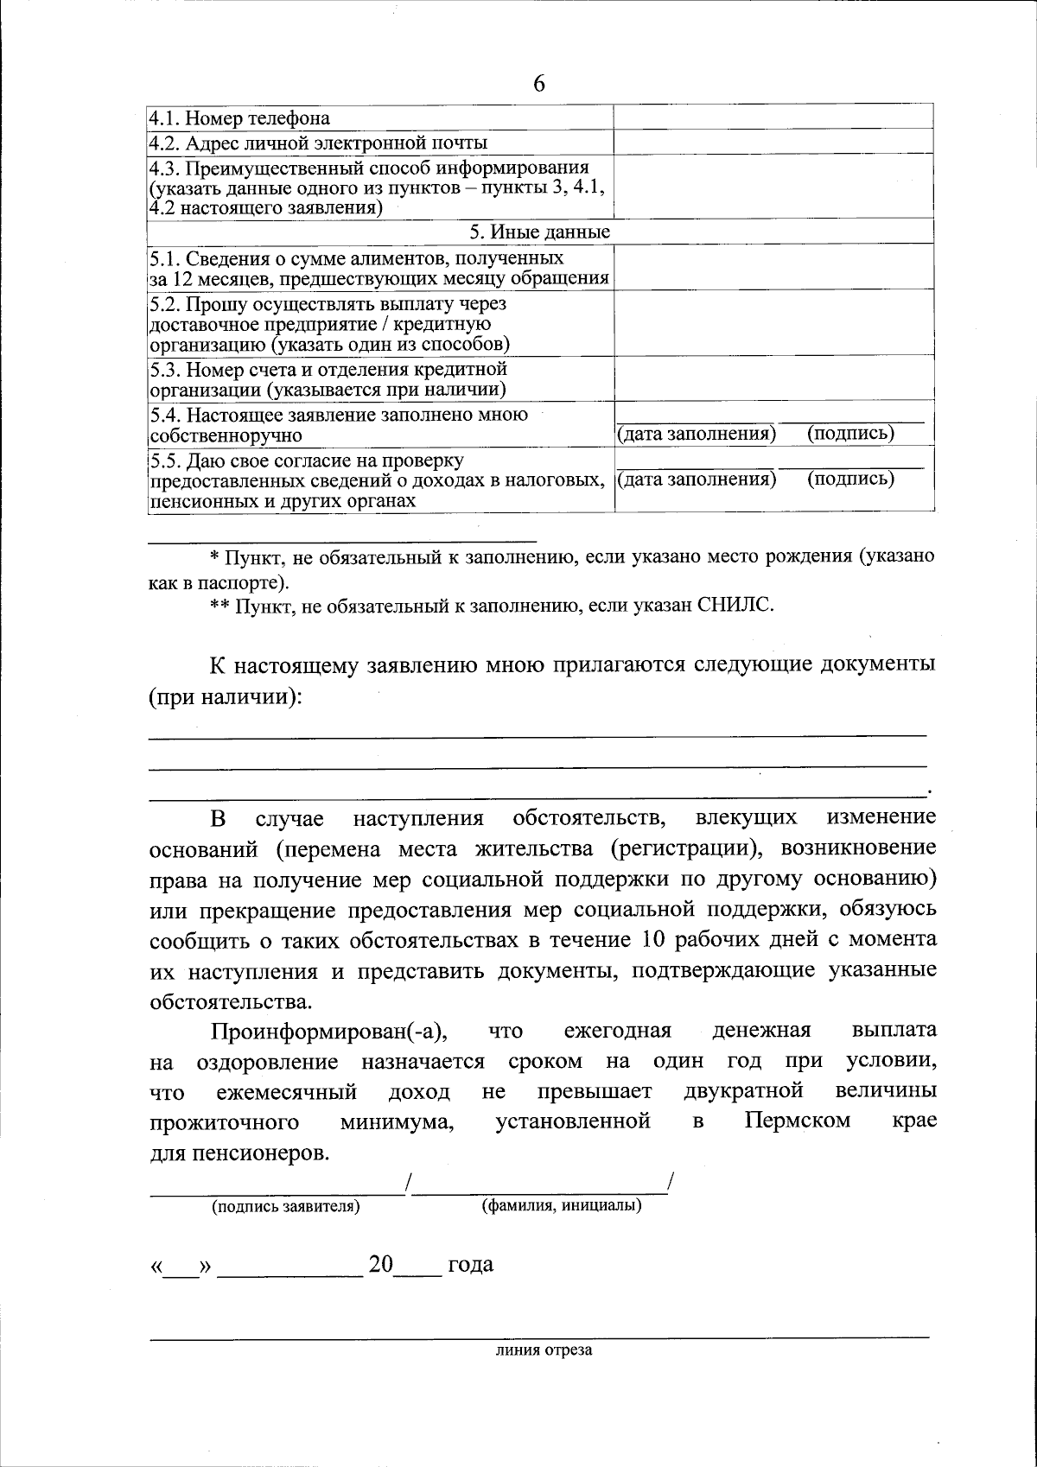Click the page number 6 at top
pos(539,83)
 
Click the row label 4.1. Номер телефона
pos(239,118)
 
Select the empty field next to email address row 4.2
pos(773,142)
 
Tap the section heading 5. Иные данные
pos(539,232)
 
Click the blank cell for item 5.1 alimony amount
pos(773,267)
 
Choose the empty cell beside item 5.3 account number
pos(773,378)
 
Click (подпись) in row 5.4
pos(850,434)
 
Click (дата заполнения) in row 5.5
pos(697,479)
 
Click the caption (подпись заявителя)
pos(286,1207)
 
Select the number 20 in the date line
pos(380,1265)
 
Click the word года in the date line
pos(471,1265)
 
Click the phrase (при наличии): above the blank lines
pos(226,697)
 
